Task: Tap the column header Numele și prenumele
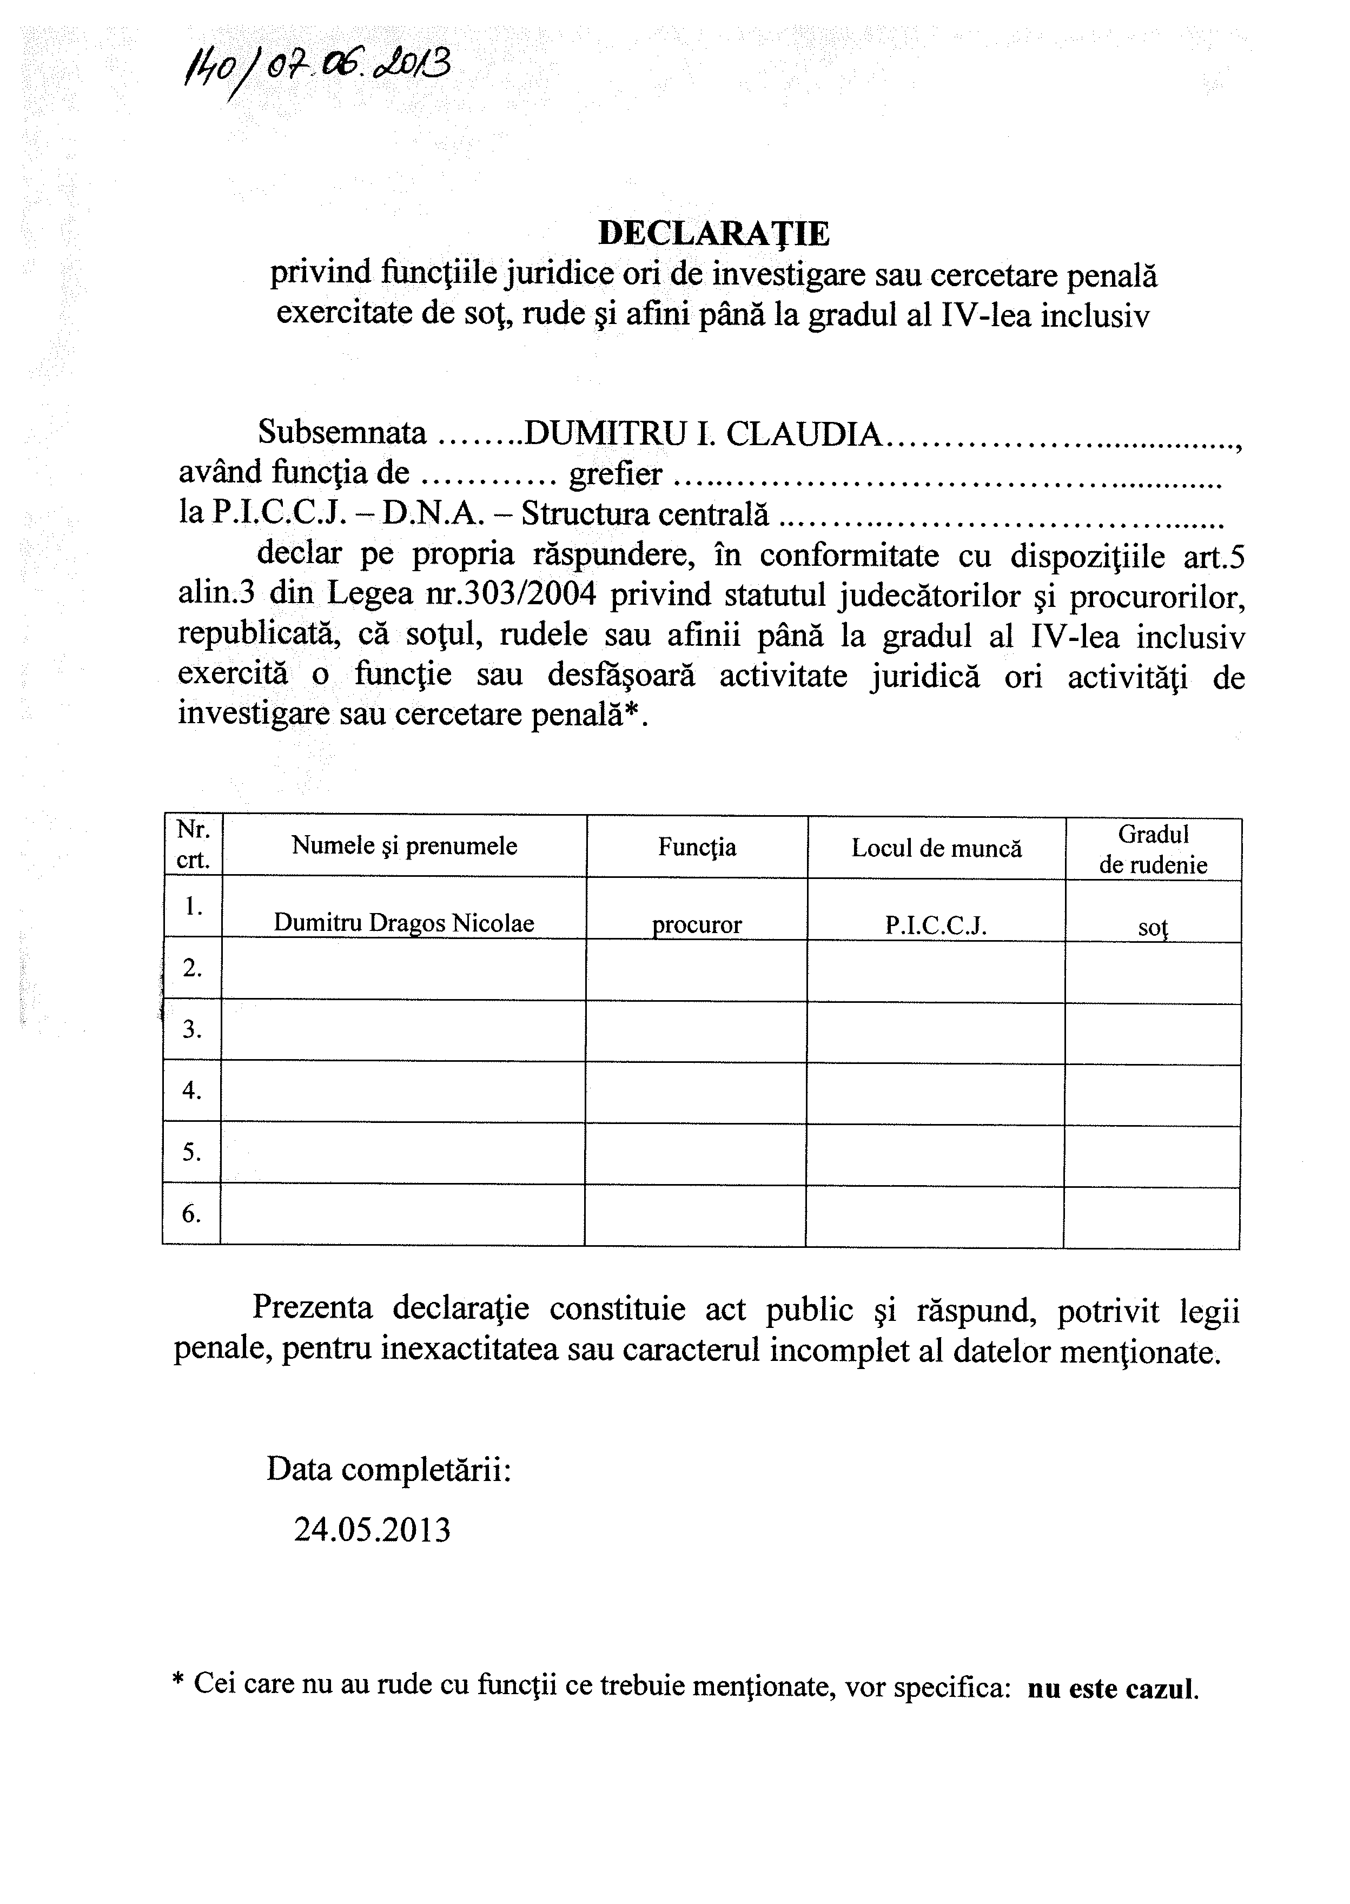click(404, 847)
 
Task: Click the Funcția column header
click(697, 847)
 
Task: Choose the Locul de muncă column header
click(936, 848)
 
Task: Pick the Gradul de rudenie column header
click(1153, 849)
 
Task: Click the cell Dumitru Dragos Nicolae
click(404, 923)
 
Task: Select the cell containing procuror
click(697, 924)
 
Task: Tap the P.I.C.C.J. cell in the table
click(936, 926)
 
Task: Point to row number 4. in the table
click(192, 1090)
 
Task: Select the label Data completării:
click(388, 1469)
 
